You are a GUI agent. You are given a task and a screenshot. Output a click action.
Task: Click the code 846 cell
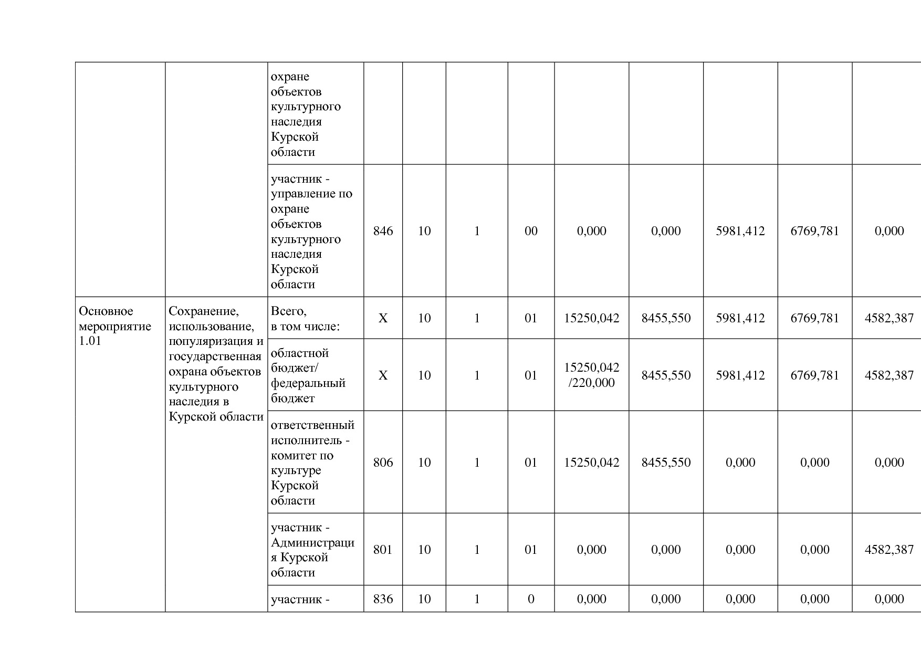point(383,231)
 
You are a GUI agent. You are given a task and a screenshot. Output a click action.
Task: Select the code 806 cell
point(383,463)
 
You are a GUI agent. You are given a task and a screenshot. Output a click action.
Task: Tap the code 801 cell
point(383,550)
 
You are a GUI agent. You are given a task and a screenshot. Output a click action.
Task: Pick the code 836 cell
point(383,599)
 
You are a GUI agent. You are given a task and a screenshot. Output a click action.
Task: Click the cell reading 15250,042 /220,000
point(591,375)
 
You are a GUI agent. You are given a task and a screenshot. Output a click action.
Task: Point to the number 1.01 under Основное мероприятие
point(90,341)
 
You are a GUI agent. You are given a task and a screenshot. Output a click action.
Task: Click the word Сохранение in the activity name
point(204,311)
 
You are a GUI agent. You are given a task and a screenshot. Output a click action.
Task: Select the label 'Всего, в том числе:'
point(305,319)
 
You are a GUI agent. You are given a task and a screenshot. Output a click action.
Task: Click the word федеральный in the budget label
point(308,383)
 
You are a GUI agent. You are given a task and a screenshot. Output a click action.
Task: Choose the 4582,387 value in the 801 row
point(889,550)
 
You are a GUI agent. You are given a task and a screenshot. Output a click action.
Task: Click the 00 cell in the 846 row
point(531,231)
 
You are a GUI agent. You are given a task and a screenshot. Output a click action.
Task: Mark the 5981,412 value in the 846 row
point(740,231)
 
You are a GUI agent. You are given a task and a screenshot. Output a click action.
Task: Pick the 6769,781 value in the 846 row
point(814,231)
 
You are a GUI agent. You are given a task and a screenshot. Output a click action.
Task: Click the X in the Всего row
point(383,318)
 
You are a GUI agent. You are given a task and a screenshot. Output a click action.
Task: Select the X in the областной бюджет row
point(383,375)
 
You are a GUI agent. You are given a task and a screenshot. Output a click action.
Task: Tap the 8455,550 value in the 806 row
point(666,463)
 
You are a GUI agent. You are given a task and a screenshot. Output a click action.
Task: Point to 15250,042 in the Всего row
point(591,318)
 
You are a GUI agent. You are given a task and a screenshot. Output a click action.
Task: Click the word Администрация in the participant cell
point(312,543)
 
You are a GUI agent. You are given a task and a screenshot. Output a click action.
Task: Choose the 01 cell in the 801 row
point(531,550)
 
